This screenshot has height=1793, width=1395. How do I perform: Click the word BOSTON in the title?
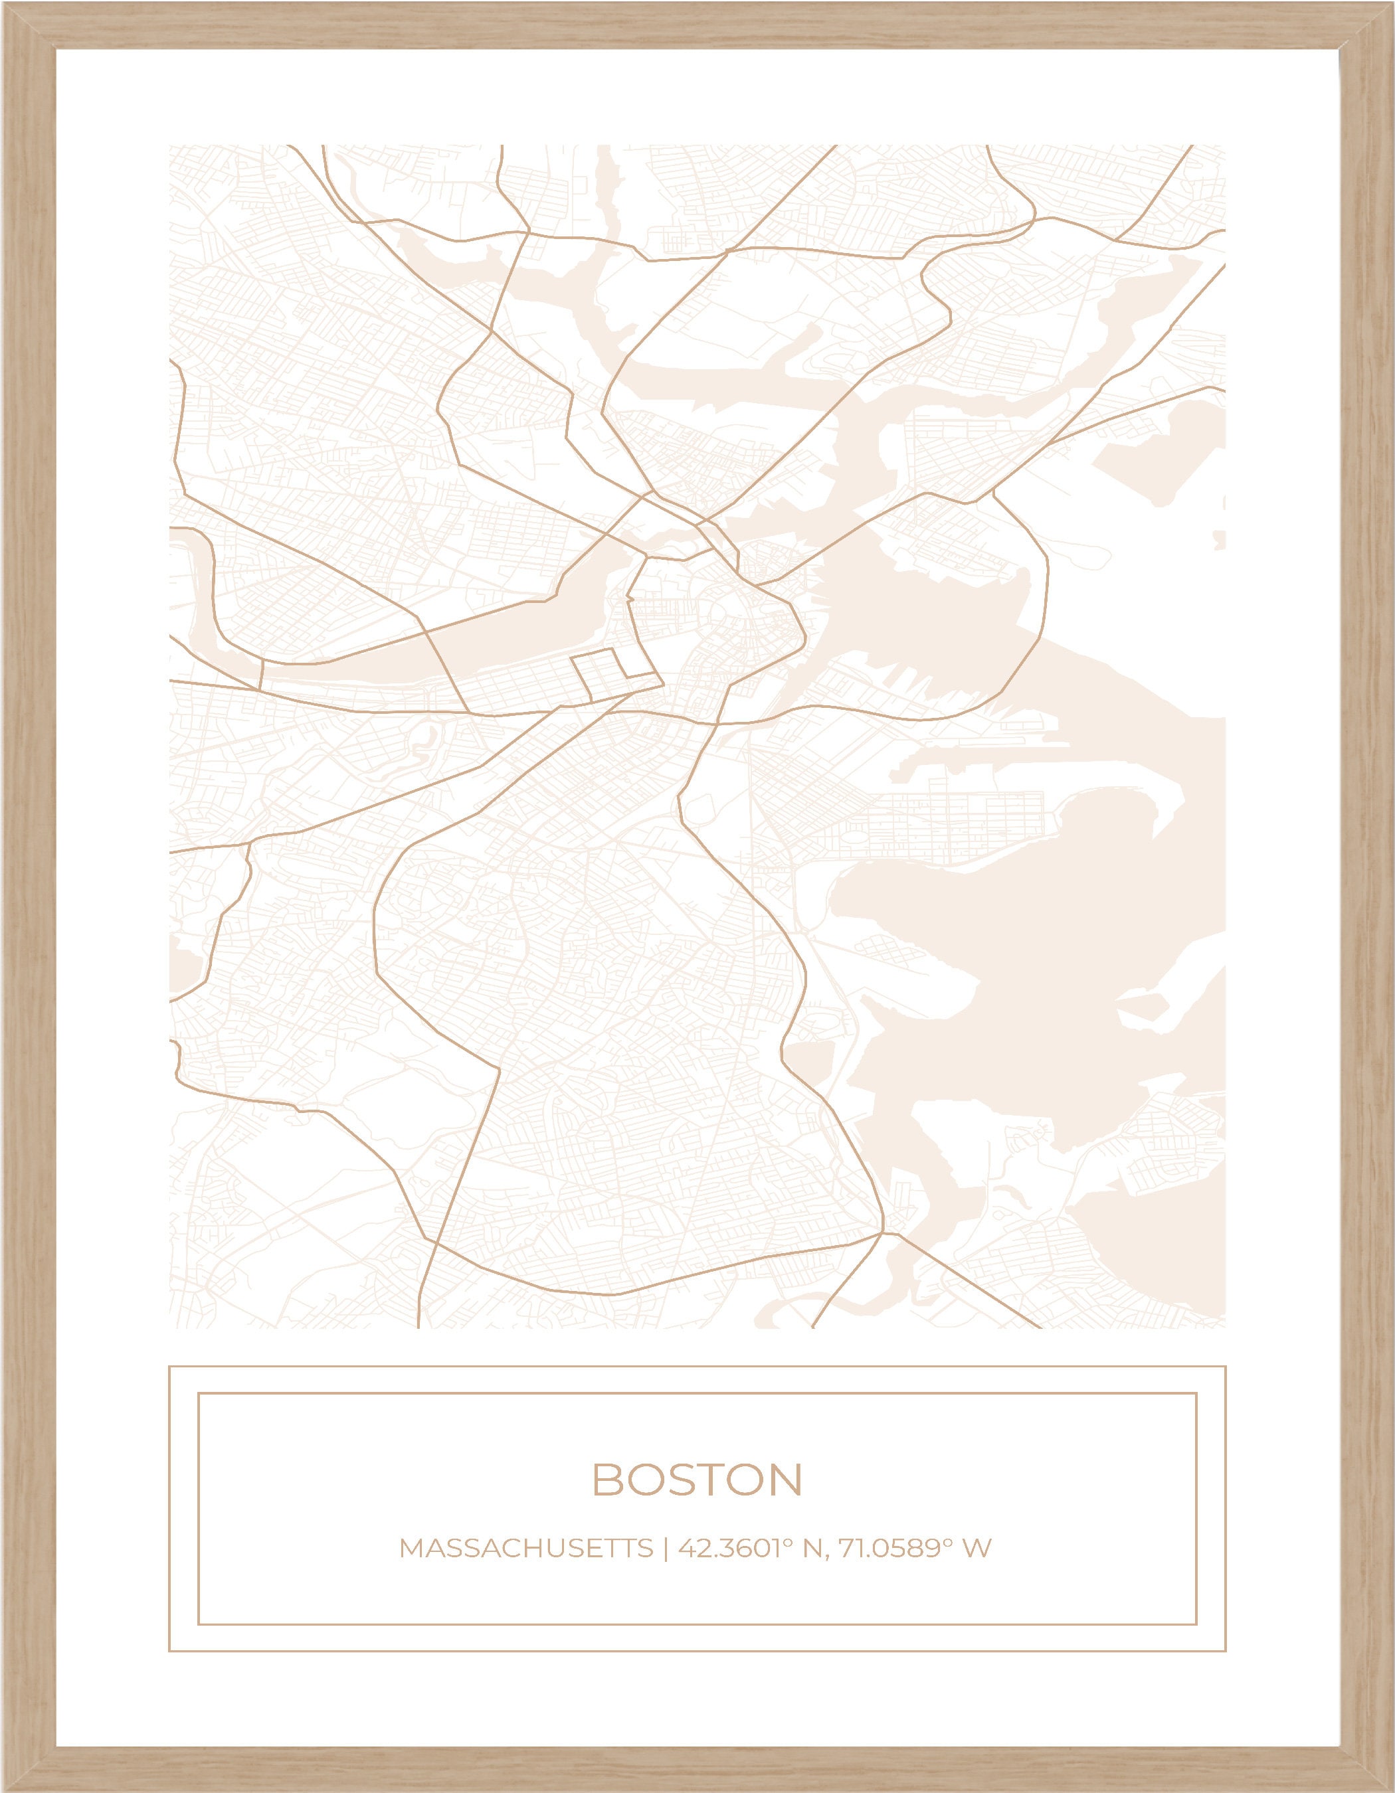pyautogui.click(x=696, y=1480)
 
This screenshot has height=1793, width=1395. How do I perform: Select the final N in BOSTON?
pyautogui.click(x=786, y=1480)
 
